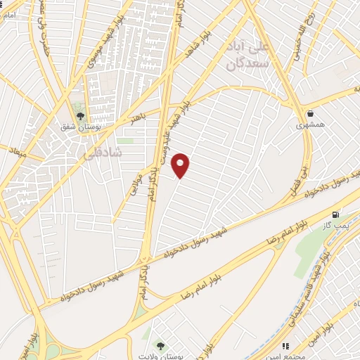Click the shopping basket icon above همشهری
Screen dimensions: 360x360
coord(311,112)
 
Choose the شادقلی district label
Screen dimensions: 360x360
coord(103,151)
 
